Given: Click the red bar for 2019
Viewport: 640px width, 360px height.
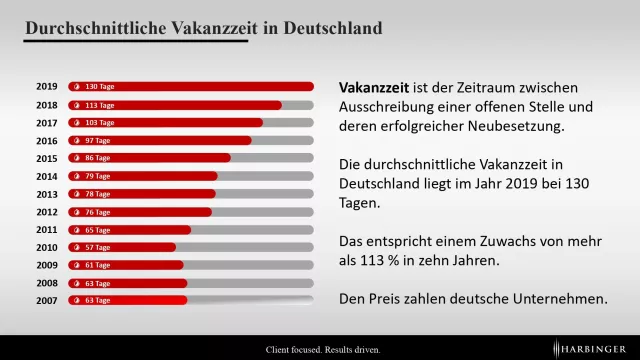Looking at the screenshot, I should click(x=190, y=87).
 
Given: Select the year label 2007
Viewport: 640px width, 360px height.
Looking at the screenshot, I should click(x=46, y=300).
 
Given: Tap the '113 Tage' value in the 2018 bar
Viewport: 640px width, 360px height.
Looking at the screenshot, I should click(x=100, y=105).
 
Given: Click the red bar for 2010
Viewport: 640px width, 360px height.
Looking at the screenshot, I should click(x=122, y=247).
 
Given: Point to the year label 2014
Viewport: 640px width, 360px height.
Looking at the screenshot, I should click(x=46, y=176).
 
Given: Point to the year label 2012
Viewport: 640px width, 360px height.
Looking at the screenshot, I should click(x=46, y=211).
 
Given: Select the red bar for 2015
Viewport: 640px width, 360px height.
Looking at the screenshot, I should click(x=150, y=158).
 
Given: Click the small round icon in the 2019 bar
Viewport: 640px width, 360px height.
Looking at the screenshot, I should click(x=75, y=87).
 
